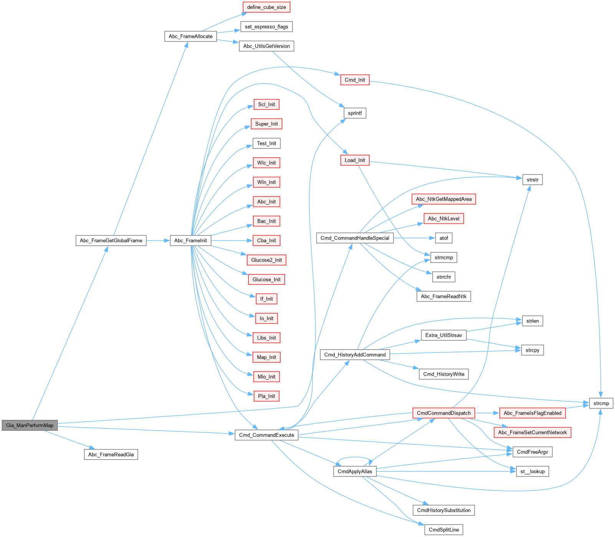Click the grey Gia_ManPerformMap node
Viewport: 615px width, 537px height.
(x=30, y=425)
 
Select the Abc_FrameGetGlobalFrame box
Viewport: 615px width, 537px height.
(x=111, y=241)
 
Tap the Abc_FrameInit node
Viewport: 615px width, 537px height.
(x=190, y=241)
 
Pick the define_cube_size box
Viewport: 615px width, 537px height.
(x=266, y=7)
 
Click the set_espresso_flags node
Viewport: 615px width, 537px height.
(x=266, y=27)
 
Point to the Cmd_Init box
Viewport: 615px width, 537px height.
(x=355, y=80)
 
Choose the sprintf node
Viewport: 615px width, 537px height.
(x=355, y=113)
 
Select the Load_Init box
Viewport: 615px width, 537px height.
(x=355, y=160)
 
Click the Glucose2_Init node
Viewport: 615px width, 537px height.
(x=266, y=260)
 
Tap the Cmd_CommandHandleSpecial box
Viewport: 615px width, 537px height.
(x=355, y=238)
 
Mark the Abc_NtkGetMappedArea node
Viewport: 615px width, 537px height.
(x=443, y=199)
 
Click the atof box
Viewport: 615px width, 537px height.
(x=443, y=238)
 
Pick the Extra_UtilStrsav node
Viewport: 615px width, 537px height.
(x=443, y=335)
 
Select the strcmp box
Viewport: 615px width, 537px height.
(x=601, y=403)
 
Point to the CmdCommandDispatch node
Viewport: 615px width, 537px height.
(x=443, y=413)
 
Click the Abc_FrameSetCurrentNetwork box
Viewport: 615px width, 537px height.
(x=532, y=433)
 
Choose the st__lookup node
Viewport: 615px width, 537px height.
(x=532, y=471)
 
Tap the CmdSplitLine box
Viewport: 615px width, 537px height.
(x=443, y=530)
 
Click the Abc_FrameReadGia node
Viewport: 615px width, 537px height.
(x=111, y=454)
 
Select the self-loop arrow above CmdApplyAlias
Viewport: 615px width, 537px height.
(x=355, y=458)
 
